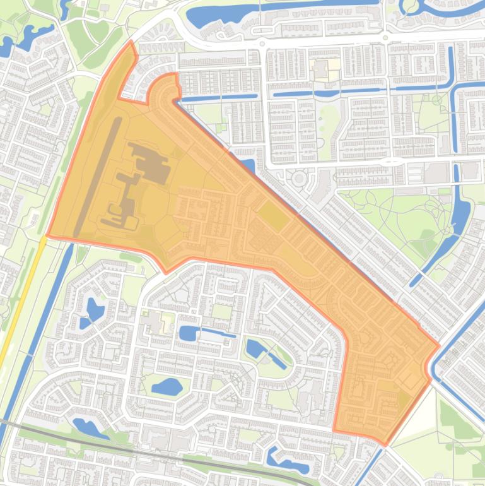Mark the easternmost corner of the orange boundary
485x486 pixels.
(x=439, y=346)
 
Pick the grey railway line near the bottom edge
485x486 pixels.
(x=126, y=451)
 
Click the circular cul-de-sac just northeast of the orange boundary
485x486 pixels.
(x=298, y=179)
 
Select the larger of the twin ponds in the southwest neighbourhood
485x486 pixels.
(x=95, y=309)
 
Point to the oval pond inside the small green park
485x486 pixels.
(x=167, y=386)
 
